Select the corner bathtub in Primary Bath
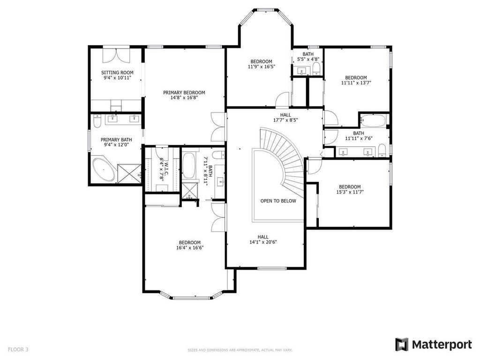[104, 170]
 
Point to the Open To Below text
[278, 201]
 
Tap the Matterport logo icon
[402, 345]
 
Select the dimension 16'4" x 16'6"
[190, 247]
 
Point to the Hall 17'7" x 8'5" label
[285, 117]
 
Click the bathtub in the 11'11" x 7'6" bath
[373, 121]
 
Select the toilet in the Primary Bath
[97, 122]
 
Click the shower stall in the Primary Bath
[129, 172]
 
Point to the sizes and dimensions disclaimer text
[240, 350]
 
